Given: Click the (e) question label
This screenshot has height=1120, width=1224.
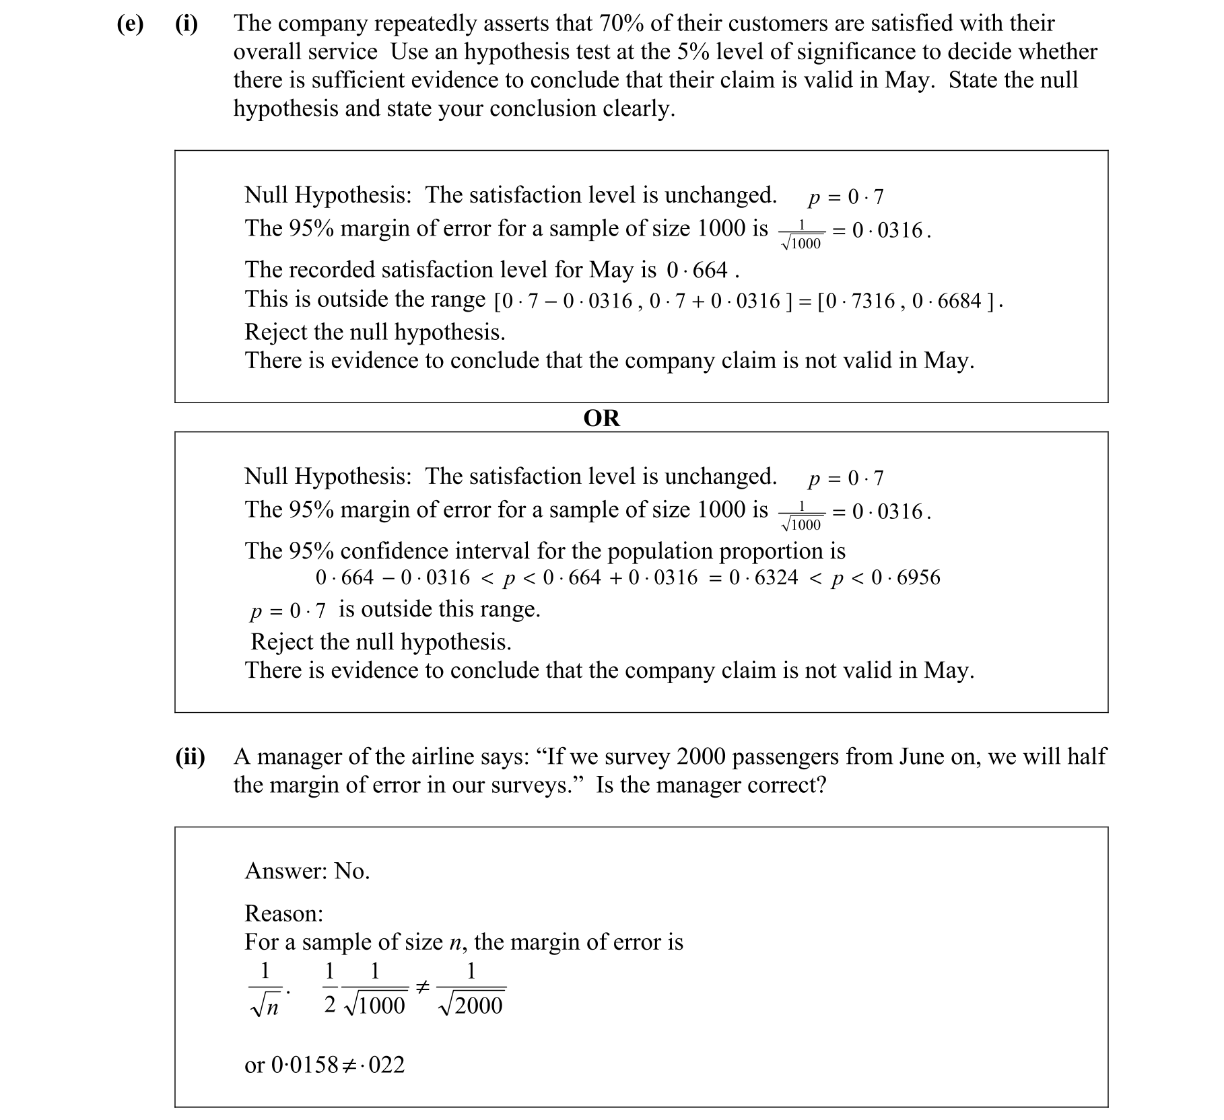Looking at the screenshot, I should point(129,24).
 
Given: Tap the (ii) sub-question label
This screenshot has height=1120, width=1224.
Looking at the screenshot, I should point(190,757).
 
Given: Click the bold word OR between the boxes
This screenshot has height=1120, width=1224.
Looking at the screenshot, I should point(601,418).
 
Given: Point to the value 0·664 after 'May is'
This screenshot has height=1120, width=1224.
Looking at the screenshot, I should point(698,271).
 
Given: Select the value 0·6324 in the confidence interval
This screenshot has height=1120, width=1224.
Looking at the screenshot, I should point(763,577).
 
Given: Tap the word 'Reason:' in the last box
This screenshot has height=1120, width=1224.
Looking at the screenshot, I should point(283,913).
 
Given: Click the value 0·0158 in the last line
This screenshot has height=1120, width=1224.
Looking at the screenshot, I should point(304,1065).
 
